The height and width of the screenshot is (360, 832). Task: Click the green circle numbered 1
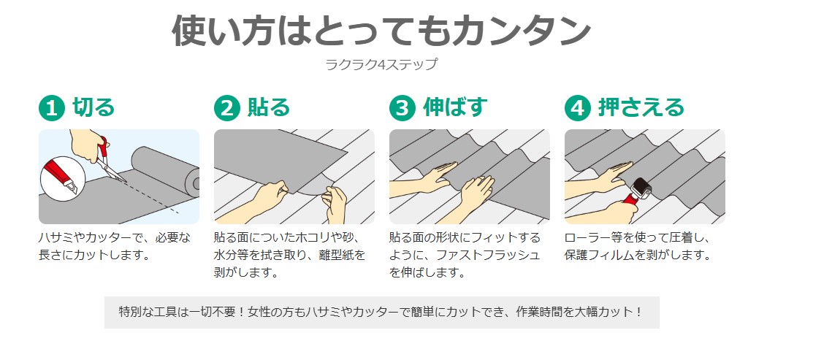pos(51,108)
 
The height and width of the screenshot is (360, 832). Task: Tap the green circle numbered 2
pos(227,108)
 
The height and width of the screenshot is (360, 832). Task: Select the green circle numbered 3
pos(402,108)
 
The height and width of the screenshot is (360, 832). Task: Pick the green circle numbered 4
pos(578,108)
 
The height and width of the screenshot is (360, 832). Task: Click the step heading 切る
pos(93,107)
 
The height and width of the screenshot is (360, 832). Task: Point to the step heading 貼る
pos(269,107)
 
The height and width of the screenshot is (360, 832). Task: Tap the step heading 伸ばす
pos(455,107)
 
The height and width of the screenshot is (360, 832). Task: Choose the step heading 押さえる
pos(641,107)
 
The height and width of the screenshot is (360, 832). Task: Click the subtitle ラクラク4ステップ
pos(382,64)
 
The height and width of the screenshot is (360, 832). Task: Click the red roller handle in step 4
pos(630,200)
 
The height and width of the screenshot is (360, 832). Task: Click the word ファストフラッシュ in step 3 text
pos(488,255)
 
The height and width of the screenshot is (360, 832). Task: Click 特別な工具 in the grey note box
pos(148,311)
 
